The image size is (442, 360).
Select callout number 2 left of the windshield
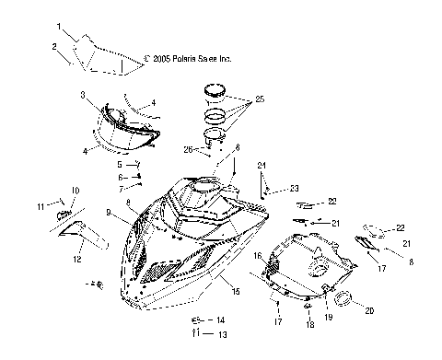point(54,46)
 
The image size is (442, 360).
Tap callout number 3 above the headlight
point(83,95)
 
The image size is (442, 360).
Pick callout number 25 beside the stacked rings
point(261,99)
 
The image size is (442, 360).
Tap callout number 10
point(76,191)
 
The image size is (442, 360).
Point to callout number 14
point(221,319)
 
